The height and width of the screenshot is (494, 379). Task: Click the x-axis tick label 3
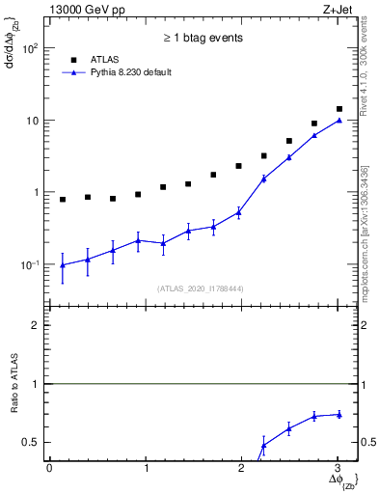pyautogui.click(x=338, y=468)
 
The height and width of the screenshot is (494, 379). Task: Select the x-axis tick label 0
pyautogui.click(x=49, y=468)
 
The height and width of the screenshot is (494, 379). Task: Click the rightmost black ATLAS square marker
pyautogui.click(x=339, y=109)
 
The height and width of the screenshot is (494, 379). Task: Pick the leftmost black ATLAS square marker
pyautogui.click(x=63, y=200)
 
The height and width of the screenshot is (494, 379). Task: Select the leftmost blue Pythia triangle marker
pyautogui.click(x=63, y=264)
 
